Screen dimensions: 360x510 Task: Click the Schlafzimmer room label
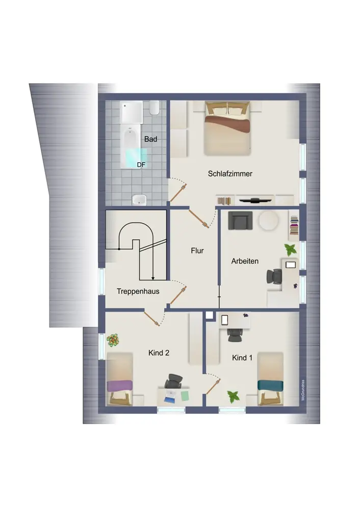(230, 174)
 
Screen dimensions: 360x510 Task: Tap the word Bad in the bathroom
(150, 139)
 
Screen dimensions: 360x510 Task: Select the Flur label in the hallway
(197, 251)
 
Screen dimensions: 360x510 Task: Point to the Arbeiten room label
(245, 261)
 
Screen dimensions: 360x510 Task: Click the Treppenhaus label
(138, 291)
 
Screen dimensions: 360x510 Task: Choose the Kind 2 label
(159, 353)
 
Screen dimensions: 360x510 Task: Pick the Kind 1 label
(242, 358)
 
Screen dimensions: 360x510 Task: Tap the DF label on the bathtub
(141, 165)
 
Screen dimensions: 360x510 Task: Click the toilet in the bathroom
(154, 108)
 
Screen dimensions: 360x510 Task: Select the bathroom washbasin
(139, 200)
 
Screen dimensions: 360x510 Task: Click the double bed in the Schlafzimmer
(227, 129)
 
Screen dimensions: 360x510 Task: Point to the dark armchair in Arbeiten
(240, 220)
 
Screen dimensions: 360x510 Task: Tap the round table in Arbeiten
(268, 221)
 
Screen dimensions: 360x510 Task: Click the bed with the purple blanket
(120, 379)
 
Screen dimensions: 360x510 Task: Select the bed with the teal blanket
(270, 379)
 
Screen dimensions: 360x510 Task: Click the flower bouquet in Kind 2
(113, 340)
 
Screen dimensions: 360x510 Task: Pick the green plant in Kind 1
(233, 396)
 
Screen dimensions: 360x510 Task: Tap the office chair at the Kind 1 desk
(234, 336)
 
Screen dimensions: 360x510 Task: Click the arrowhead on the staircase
(153, 278)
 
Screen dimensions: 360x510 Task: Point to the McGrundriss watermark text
(303, 390)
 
